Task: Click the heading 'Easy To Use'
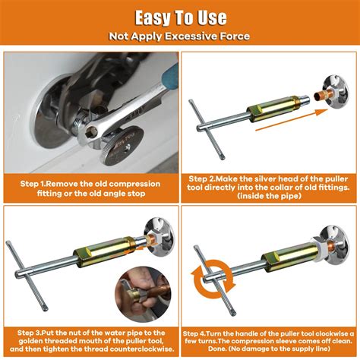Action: click(x=179, y=17)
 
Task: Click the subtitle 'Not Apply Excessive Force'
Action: click(x=179, y=35)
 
